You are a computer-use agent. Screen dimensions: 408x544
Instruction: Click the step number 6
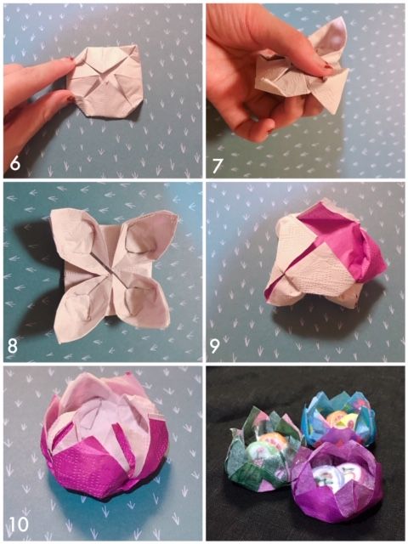(15, 163)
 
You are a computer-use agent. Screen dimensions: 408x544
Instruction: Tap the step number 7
(218, 166)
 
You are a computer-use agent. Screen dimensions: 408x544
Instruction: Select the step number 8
(12, 346)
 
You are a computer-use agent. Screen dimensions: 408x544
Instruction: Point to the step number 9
(215, 346)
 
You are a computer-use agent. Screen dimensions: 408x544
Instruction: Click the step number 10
(19, 524)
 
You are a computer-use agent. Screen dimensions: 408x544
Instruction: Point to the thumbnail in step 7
(326, 66)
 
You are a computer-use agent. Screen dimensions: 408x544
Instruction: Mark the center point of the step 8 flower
(111, 273)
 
